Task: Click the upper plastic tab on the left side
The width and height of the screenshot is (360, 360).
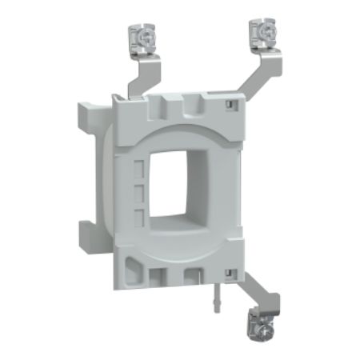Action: tap(90, 127)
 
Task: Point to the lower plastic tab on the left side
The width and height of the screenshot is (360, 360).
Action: tap(89, 232)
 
